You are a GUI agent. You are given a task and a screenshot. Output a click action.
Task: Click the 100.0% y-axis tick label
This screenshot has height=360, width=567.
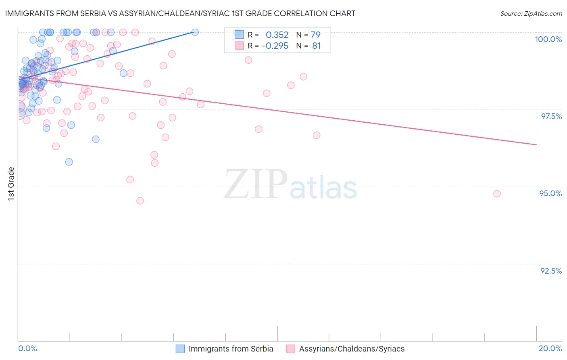pos(548,39)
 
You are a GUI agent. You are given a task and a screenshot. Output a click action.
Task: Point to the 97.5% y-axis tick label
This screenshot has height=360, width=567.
pos(551,116)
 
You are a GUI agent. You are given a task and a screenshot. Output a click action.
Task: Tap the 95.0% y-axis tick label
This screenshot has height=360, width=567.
pos(550,193)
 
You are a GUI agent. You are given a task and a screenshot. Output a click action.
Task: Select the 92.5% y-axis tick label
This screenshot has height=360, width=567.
pos(551,271)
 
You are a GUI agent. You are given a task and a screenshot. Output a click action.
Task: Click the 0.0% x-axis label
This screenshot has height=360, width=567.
pos(27,348)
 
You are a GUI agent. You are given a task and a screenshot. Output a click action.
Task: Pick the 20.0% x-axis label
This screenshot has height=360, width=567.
pos(550,348)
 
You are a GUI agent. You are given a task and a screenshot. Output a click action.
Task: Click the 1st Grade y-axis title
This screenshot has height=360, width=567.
pos(11,184)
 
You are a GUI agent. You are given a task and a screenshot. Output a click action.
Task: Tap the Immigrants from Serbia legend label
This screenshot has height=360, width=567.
pos(231,349)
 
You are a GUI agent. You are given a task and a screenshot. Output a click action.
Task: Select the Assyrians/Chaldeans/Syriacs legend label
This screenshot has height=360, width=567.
pos(352,349)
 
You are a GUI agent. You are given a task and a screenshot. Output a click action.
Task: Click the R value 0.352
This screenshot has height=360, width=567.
pos(277,35)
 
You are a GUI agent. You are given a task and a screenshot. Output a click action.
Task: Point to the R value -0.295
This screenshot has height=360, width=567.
pos(275,46)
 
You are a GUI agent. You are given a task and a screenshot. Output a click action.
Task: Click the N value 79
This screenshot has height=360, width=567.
pos(315,35)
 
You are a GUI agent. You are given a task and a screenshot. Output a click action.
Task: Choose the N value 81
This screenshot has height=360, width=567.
pos(316,46)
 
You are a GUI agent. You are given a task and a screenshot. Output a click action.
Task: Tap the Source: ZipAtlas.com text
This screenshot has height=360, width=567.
pos(531,13)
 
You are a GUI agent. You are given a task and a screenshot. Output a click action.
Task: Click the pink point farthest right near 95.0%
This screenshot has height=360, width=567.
pos(497,194)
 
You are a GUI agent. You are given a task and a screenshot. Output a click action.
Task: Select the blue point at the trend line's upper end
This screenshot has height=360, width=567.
pos(195,32)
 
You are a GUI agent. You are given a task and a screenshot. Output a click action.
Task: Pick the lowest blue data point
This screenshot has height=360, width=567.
pos(69,162)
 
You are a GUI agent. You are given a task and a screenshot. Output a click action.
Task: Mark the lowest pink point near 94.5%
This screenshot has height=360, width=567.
pos(140,201)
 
